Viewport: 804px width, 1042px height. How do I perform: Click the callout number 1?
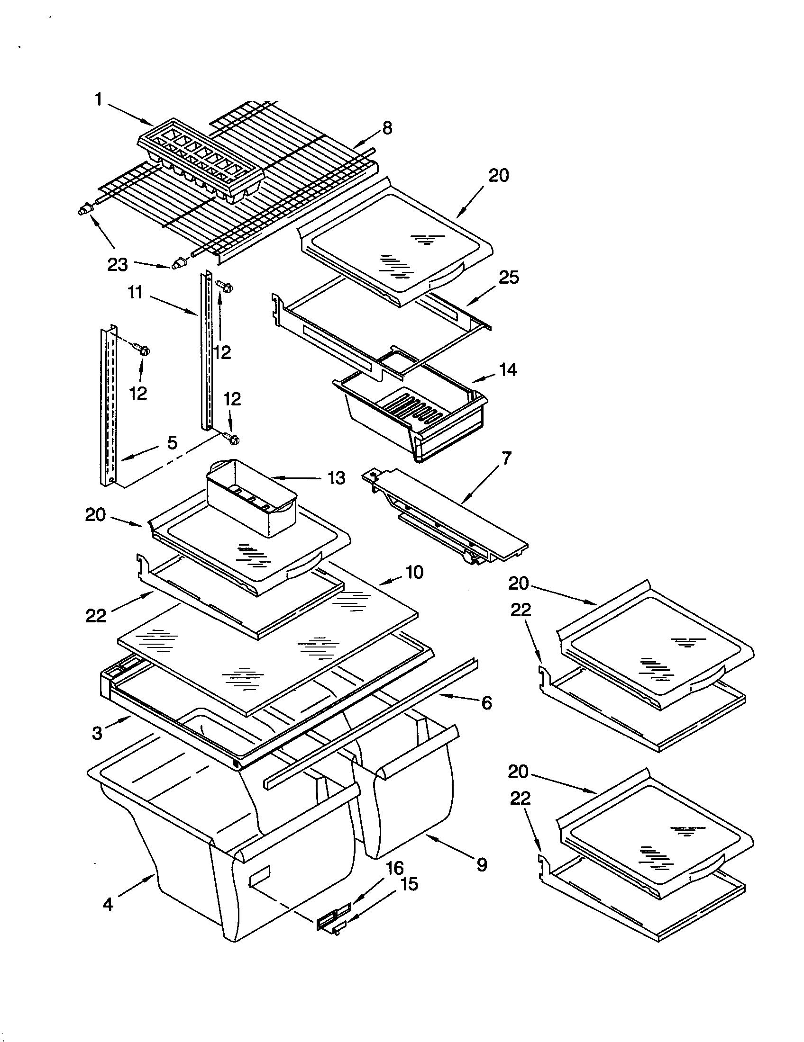[x=98, y=100]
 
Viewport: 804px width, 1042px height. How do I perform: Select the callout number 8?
[x=387, y=128]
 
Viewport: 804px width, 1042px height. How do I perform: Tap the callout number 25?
[x=509, y=278]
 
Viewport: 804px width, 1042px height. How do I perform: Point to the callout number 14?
[x=508, y=370]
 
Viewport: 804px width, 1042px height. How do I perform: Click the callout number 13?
[x=337, y=477]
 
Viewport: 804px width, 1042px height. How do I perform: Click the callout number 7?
[x=507, y=458]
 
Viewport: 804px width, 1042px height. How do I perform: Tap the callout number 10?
[x=414, y=572]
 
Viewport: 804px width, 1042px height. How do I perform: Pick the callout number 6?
[x=486, y=703]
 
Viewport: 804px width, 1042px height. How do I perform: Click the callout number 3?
[x=97, y=733]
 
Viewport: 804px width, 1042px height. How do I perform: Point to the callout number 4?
[x=108, y=904]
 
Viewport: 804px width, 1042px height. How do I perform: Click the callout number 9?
[x=482, y=864]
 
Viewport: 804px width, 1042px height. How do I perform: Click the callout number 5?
[x=172, y=443]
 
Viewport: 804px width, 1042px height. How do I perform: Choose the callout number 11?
[x=135, y=292]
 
